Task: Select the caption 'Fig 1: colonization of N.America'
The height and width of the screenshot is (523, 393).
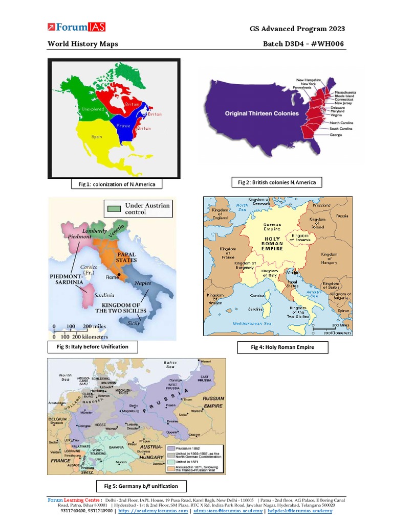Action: (x=113, y=184)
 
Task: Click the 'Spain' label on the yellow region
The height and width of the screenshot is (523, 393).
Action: (x=97, y=137)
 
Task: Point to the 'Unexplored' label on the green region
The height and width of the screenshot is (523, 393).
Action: (x=92, y=109)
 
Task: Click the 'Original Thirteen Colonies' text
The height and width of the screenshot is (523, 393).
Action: (x=259, y=113)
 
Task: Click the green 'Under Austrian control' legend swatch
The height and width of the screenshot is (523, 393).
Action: (x=114, y=208)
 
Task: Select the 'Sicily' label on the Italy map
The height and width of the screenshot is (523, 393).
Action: (x=134, y=323)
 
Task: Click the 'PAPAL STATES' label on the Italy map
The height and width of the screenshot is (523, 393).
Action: (x=126, y=257)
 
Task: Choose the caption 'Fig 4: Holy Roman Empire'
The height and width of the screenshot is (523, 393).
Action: (x=282, y=347)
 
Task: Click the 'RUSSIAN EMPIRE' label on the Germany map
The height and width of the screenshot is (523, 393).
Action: (x=213, y=402)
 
